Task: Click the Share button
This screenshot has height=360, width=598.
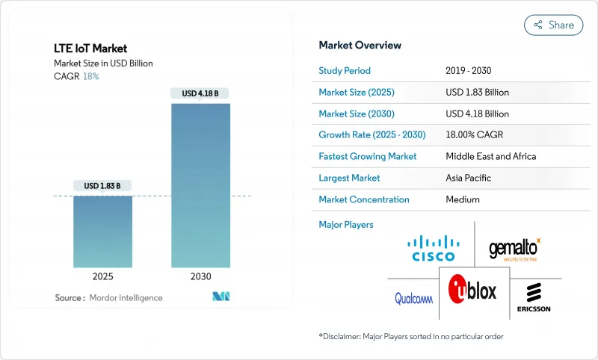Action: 553,25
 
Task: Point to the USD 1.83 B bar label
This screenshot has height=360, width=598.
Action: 103,185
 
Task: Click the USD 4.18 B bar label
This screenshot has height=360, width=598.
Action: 201,93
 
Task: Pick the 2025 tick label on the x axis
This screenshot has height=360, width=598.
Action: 103,276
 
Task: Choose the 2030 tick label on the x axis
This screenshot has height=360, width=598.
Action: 201,276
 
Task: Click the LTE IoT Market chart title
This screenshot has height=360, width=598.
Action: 90,49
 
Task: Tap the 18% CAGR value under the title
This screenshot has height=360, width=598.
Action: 90,76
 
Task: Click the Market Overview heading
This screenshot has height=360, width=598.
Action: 360,46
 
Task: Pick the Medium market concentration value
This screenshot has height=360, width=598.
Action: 463,199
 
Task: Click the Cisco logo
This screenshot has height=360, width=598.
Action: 434,248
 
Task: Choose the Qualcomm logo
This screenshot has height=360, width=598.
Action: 414,299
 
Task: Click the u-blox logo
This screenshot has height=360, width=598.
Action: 472,290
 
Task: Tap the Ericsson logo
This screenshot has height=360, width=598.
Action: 534,298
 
